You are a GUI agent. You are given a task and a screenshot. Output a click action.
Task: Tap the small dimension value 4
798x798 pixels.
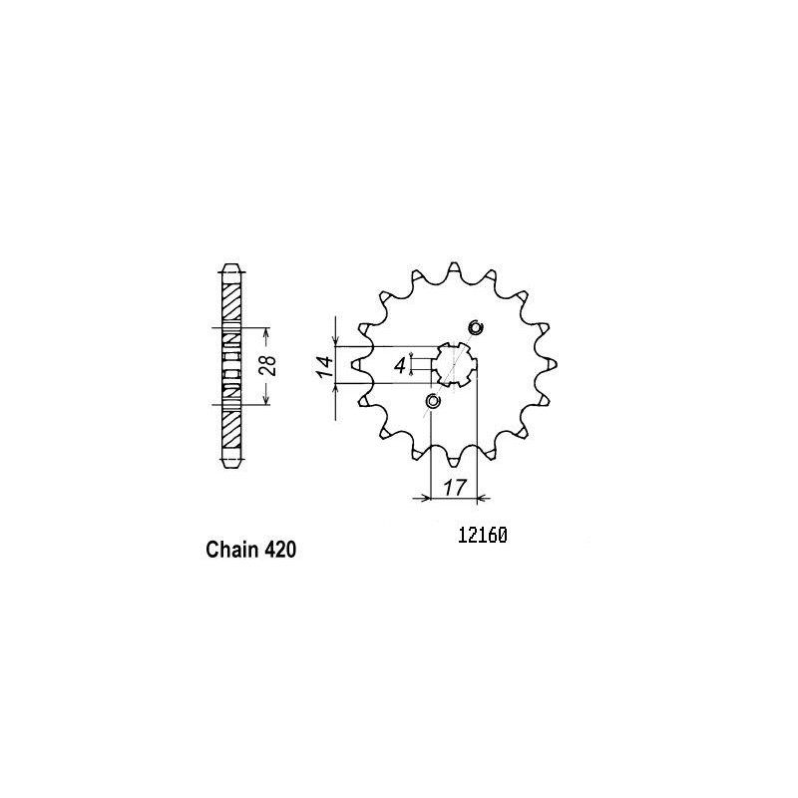pos(399,365)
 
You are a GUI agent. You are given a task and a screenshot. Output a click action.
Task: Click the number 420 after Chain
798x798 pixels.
pos(280,550)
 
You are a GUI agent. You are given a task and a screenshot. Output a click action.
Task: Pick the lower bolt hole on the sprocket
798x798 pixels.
pos(432,402)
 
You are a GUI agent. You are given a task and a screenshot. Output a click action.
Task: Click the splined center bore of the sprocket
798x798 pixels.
pos(454,364)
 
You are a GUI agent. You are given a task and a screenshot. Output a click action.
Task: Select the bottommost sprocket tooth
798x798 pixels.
pos(454,460)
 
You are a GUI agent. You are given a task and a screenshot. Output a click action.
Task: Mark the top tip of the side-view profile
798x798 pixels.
pos(230,267)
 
